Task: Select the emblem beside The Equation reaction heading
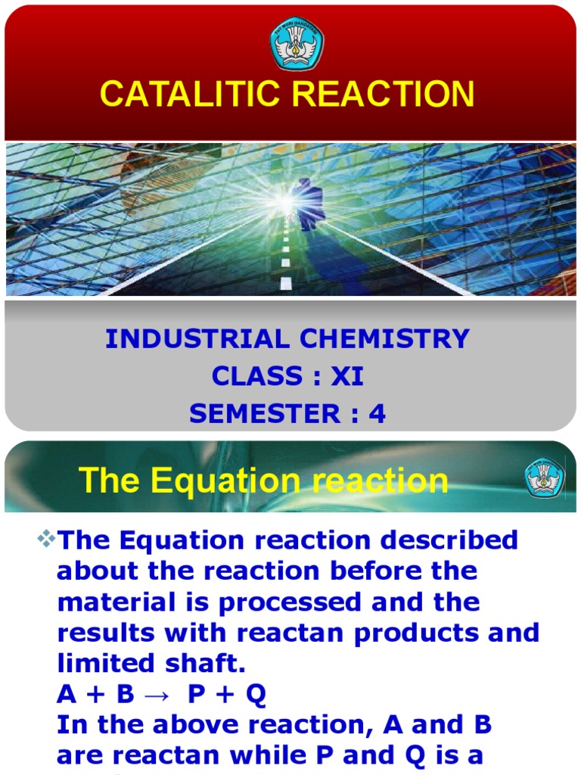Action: click(x=544, y=478)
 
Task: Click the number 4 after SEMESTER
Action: click(x=377, y=413)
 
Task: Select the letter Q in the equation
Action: click(x=255, y=695)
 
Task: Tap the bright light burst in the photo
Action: click(x=283, y=201)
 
